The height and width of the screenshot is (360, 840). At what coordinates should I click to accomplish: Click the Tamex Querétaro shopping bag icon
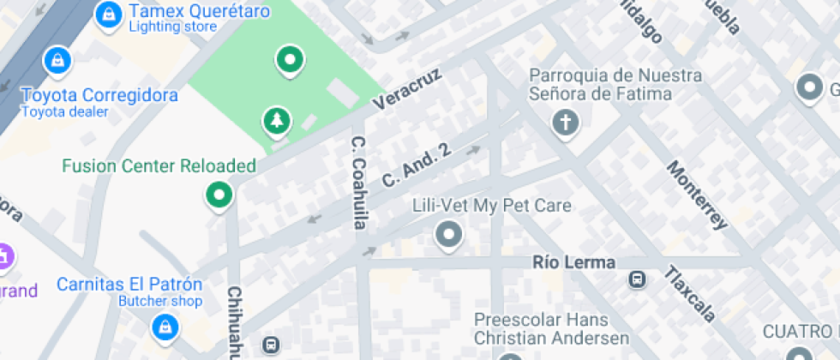coord(108,14)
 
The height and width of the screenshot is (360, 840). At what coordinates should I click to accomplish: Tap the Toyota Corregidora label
coord(99,95)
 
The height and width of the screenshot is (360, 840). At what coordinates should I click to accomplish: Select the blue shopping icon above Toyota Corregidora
coord(57,60)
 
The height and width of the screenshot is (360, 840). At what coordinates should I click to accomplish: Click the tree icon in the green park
coord(276,122)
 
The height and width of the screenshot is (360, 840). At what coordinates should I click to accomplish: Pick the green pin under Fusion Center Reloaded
coord(219,195)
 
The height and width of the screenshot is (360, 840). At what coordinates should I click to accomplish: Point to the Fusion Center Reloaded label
coord(159,165)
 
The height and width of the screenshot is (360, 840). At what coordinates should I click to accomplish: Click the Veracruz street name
coord(407,89)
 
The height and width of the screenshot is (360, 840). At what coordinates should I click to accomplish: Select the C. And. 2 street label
coord(416,165)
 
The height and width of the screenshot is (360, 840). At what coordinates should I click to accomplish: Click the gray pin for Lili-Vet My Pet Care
coord(447,234)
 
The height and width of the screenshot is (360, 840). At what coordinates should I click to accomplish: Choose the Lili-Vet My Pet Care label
coord(491,207)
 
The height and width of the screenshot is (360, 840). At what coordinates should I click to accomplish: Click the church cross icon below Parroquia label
coord(565,123)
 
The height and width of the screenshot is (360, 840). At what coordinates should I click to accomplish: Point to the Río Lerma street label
coord(573,262)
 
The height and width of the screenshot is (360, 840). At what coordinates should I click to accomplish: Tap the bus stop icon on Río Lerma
coord(637,279)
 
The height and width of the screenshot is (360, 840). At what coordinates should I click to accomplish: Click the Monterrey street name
coord(697,195)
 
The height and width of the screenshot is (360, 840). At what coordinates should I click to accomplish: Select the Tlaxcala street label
coord(689,294)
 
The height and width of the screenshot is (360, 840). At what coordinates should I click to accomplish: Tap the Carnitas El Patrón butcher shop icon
coord(164,326)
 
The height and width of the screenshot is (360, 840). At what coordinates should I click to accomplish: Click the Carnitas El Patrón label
coord(129,284)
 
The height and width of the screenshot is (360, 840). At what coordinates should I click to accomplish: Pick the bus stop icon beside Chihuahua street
coord(271,345)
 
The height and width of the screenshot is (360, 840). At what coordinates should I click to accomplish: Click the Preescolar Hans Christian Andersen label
coord(551,329)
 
